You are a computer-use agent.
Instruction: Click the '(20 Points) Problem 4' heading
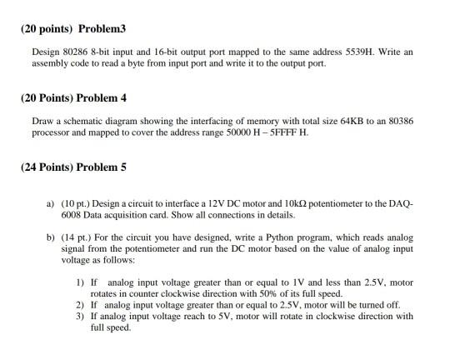73,98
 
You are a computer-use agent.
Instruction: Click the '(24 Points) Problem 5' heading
73,167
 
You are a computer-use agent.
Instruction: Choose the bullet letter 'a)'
51,202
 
